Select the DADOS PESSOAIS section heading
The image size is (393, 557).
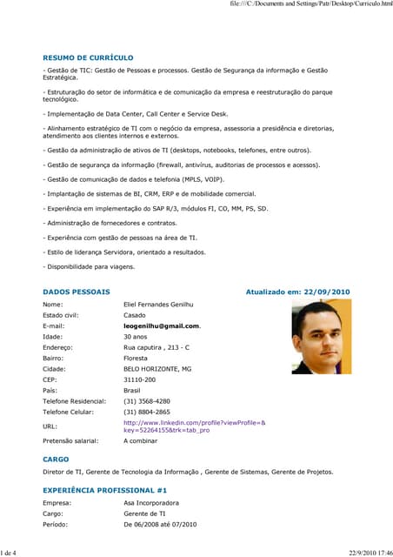click(x=77, y=292)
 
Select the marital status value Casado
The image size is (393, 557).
click(x=135, y=315)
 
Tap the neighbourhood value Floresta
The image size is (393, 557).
click(x=137, y=358)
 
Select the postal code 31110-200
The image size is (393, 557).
click(x=140, y=379)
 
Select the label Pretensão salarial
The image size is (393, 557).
click(x=70, y=441)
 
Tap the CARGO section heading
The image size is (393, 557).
click(x=56, y=459)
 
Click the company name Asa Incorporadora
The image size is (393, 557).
click(x=151, y=503)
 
